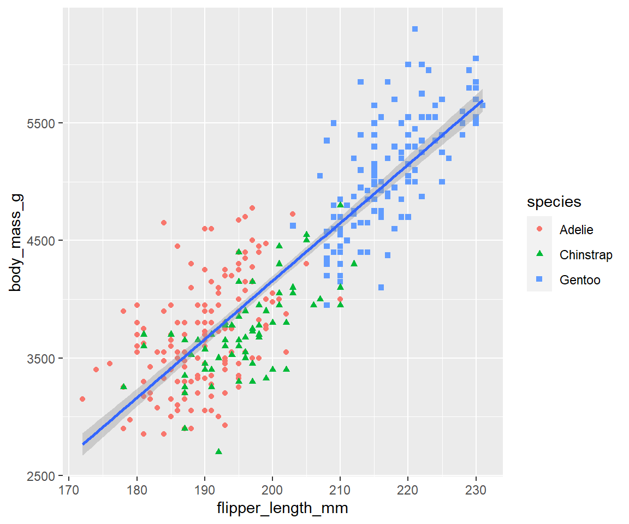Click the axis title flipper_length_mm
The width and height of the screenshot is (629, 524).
(x=282, y=509)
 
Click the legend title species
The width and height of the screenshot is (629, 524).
(x=554, y=202)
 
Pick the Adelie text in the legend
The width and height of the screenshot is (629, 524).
(x=576, y=230)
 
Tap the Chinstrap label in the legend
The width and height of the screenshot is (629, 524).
(x=586, y=255)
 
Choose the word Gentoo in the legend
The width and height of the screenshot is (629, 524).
(x=580, y=280)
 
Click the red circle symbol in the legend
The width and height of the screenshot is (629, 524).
(x=539, y=229)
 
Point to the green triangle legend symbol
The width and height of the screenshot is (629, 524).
(x=539, y=254)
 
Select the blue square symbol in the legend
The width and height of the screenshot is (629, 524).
(x=539, y=279)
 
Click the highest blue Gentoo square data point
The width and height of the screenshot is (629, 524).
(x=415, y=29)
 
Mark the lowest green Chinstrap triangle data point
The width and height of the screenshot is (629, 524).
(x=218, y=451)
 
